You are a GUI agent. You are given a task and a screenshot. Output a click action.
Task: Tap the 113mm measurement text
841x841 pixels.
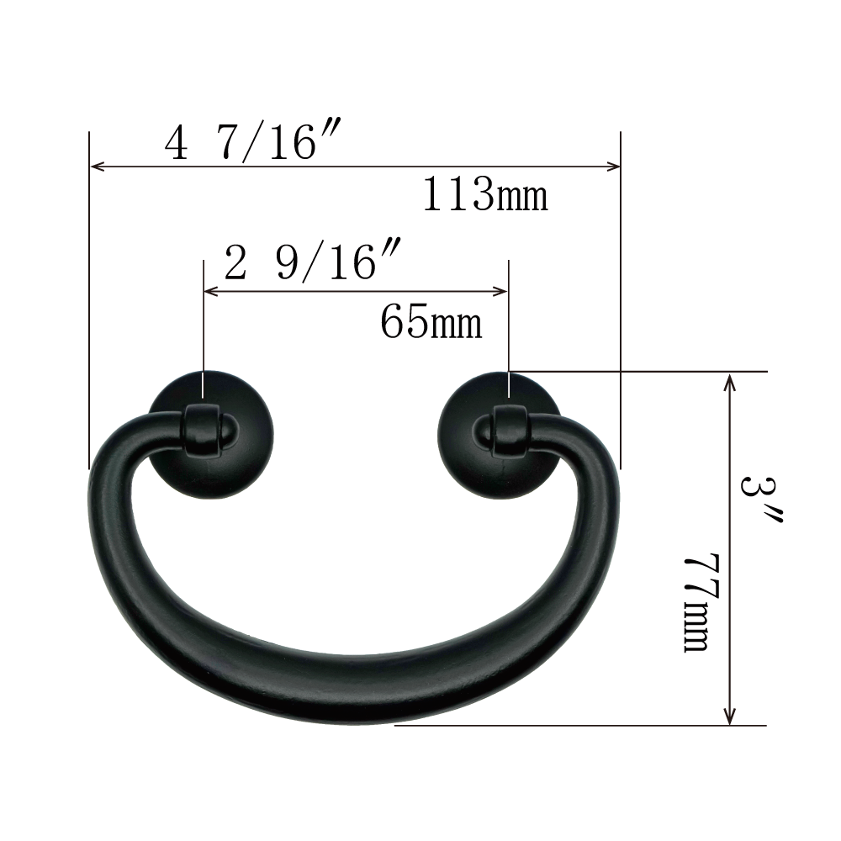[x=485, y=194]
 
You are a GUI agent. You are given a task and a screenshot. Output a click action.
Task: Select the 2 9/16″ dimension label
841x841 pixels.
[x=313, y=262]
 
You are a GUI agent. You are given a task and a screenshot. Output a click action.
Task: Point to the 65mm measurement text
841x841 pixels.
[x=431, y=322]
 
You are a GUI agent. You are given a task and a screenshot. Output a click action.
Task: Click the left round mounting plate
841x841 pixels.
[x=211, y=435]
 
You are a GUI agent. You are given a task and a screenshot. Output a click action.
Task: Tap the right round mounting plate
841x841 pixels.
[x=500, y=435]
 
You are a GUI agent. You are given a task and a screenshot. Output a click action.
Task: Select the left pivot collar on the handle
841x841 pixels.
[x=203, y=431]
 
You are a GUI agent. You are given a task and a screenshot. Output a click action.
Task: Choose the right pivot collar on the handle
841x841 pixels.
[x=510, y=431]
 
